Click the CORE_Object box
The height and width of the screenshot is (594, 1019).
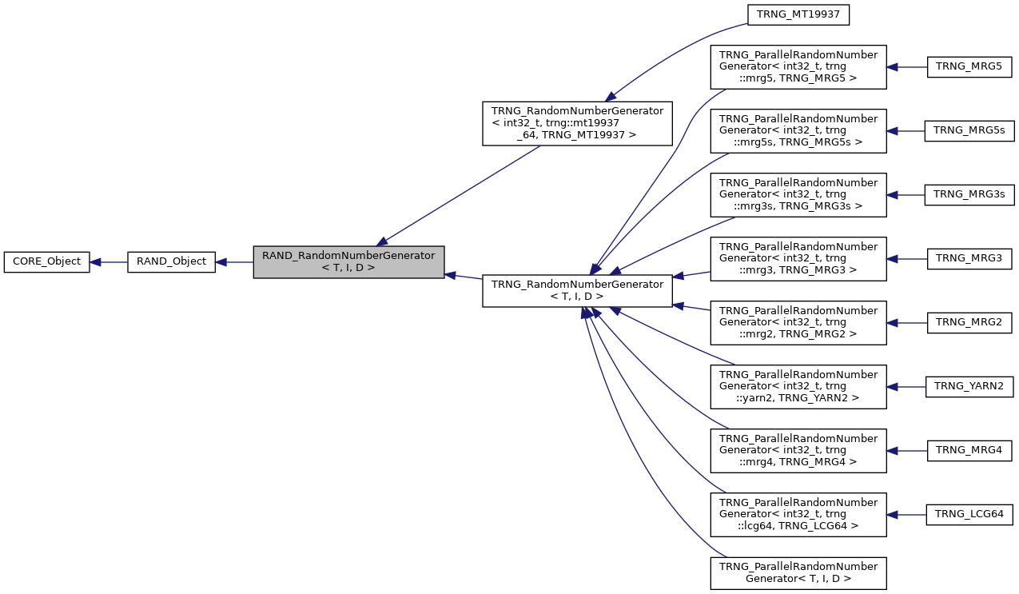point(46,261)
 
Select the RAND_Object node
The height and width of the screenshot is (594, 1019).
point(171,261)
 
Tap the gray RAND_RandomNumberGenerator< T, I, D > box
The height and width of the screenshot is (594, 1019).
point(348,261)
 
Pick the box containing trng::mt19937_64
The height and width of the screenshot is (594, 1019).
point(576,123)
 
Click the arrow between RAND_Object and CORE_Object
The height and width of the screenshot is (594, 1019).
point(109,261)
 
